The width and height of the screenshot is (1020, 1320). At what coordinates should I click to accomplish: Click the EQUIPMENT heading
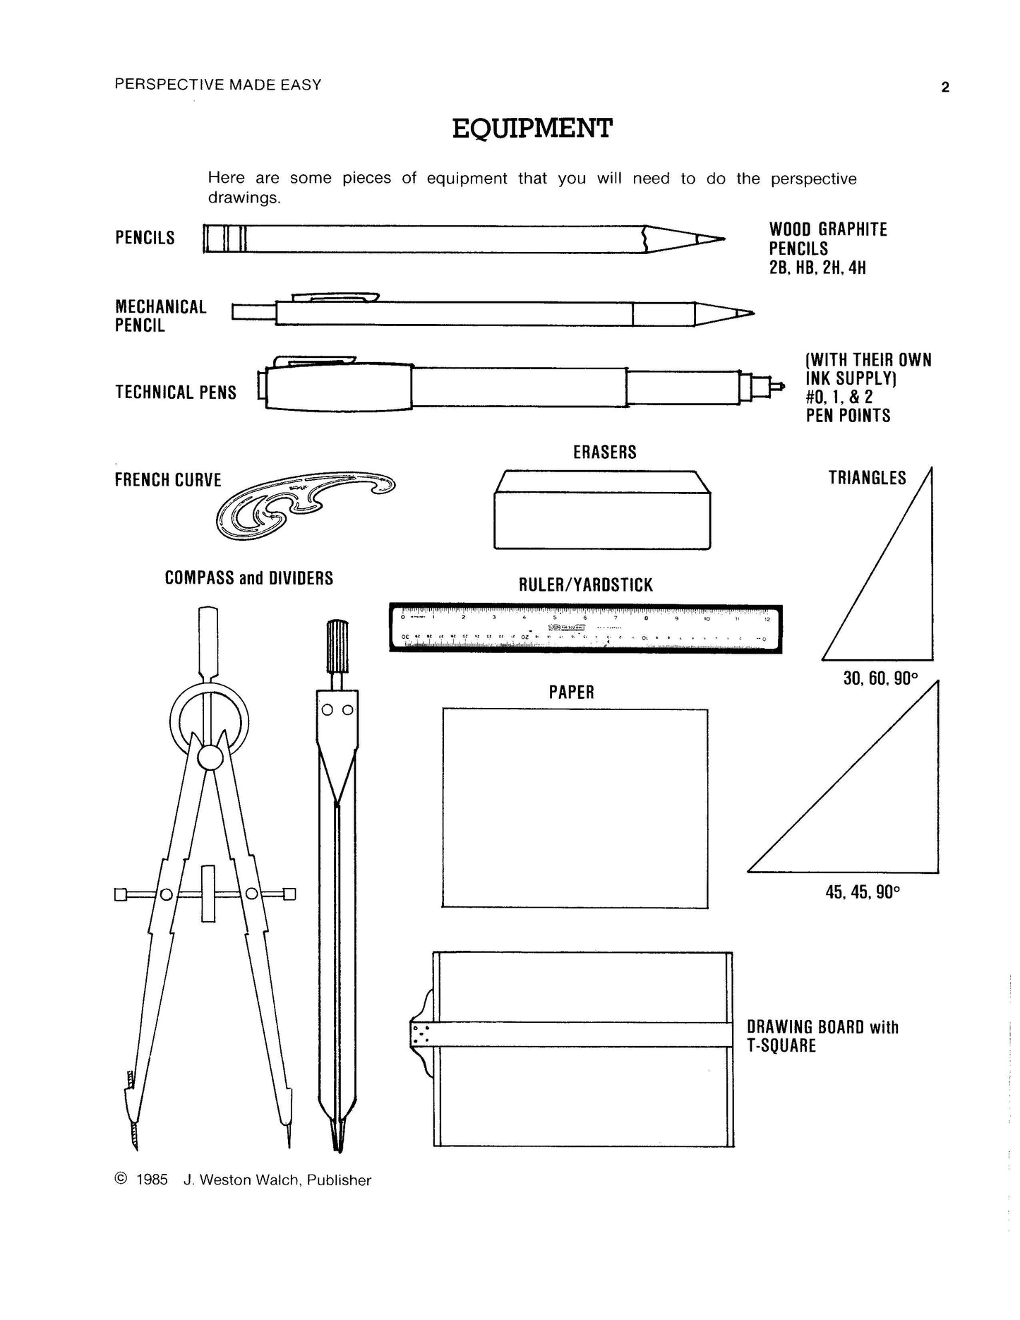(532, 128)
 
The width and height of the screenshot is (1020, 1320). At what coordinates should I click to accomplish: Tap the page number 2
(945, 88)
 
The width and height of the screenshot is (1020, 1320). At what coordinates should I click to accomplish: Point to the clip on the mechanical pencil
(335, 297)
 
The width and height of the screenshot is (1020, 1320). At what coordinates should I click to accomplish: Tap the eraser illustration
(602, 510)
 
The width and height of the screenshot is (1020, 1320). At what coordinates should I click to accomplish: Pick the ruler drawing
(586, 628)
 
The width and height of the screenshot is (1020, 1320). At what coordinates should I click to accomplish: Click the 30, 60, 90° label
(880, 679)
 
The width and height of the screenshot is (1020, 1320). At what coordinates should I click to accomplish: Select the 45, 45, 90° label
(863, 892)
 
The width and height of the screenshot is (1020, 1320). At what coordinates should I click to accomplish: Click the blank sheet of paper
(575, 808)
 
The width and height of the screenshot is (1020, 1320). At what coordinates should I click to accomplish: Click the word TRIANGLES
(867, 478)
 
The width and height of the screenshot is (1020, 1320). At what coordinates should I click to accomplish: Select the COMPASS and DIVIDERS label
(248, 578)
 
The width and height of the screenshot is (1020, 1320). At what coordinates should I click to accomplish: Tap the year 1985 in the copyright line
(152, 1180)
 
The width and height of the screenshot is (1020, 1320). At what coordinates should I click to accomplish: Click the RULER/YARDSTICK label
(585, 585)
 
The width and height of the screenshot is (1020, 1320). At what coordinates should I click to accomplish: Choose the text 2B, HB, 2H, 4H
(817, 268)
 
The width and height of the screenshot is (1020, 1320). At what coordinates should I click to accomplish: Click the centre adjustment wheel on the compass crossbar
(208, 894)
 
